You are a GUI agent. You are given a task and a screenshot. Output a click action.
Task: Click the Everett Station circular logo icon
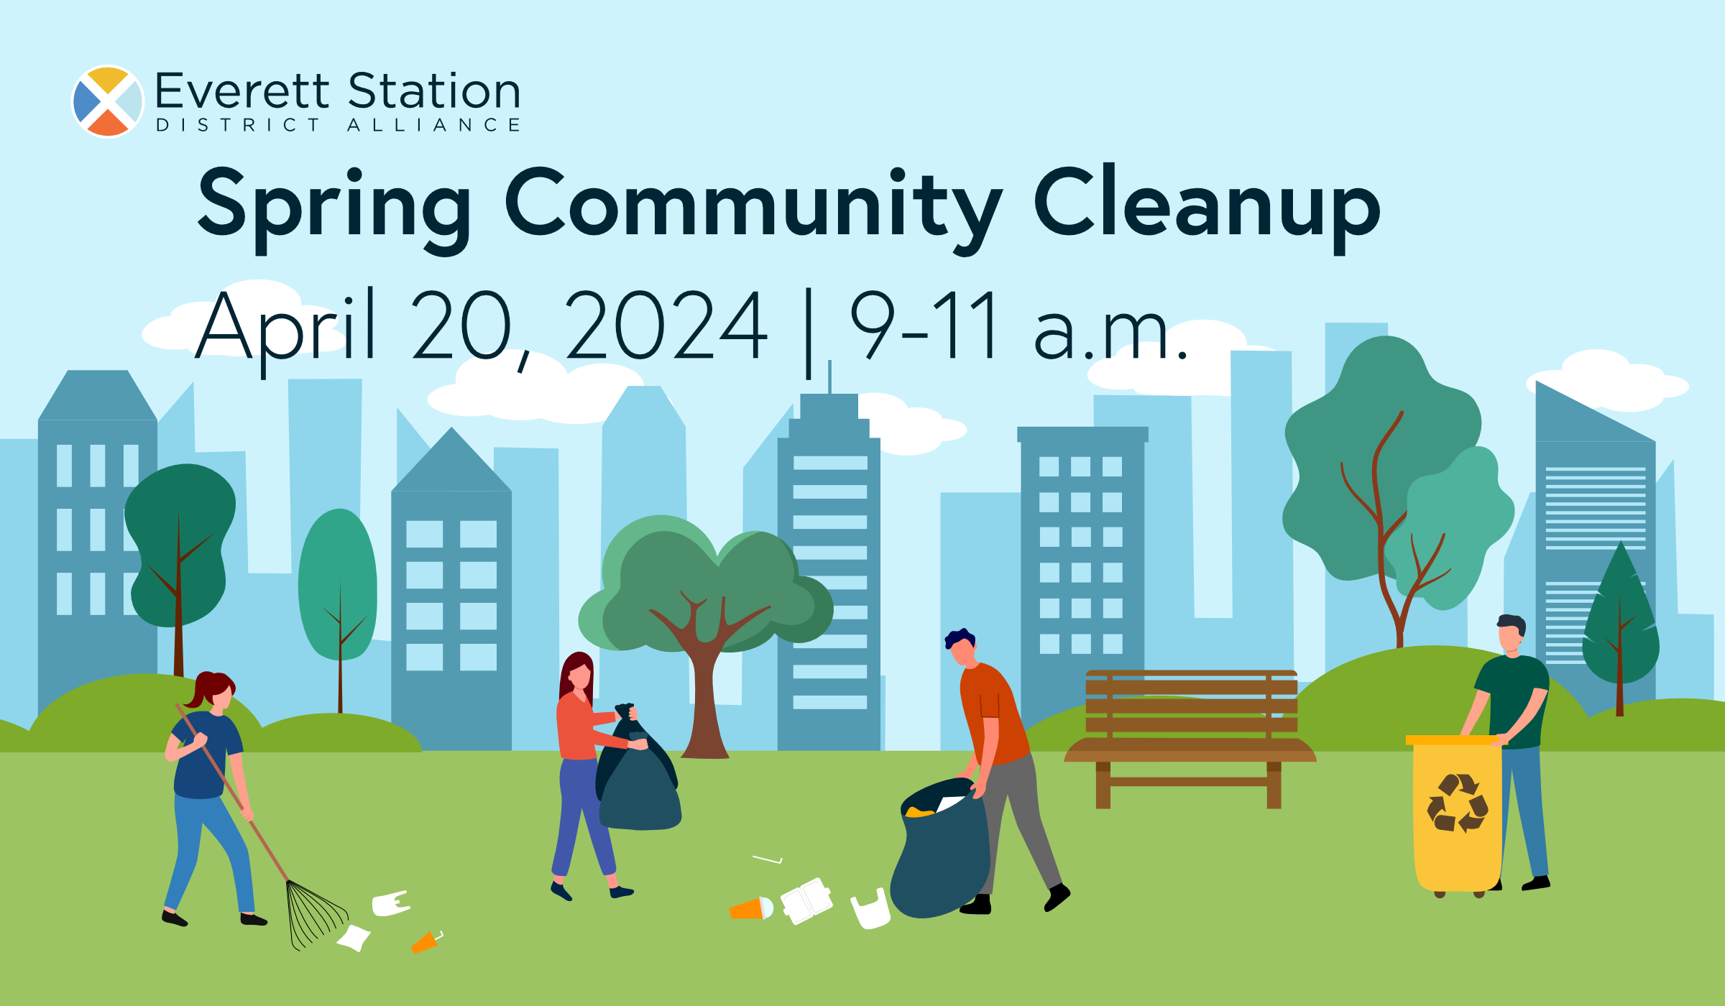pos(108,101)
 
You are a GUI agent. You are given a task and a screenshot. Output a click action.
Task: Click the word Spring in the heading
pos(334,205)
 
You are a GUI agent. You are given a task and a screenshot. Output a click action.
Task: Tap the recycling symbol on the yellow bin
pos(1457,803)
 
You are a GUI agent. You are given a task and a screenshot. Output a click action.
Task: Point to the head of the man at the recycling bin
pos(1511,632)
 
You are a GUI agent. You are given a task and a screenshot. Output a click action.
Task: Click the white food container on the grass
pos(806,900)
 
